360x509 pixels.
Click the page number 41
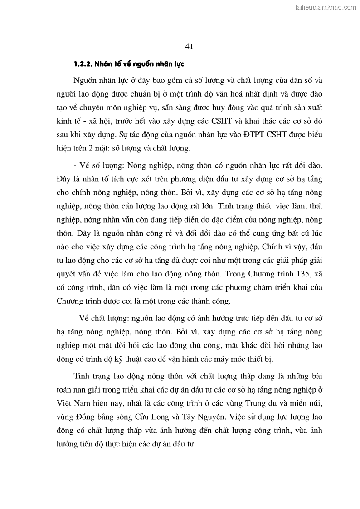click(x=190, y=46)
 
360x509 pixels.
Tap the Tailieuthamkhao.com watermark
click(x=326, y=7)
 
